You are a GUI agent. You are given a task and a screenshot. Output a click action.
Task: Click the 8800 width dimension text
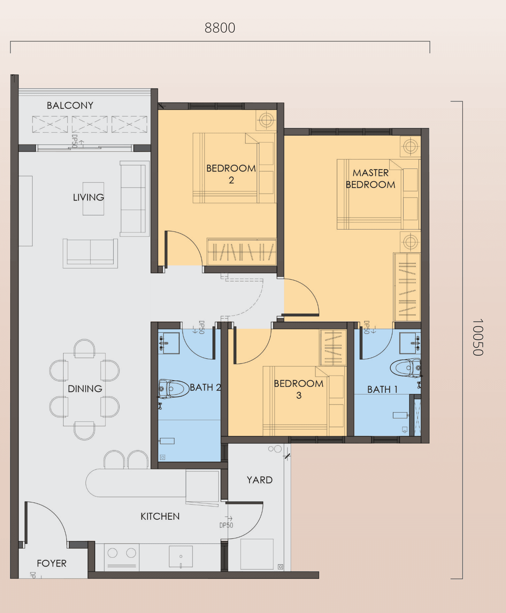pos(220,28)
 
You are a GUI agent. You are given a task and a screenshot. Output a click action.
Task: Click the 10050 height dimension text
pos(478,337)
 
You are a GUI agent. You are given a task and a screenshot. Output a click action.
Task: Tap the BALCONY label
pos(70,105)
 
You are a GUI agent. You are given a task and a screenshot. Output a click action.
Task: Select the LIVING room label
pos(88,197)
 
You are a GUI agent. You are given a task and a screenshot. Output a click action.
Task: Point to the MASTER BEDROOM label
pos(371,179)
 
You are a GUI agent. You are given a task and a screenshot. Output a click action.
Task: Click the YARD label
pos(259,480)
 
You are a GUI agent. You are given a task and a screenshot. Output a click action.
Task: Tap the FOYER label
pos(51,563)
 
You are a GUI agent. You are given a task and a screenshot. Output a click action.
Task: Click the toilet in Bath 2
pos(174,389)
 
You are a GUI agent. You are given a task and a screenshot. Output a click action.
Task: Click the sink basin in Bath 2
pos(171,343)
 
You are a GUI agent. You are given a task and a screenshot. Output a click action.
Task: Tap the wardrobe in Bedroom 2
pos(241,252)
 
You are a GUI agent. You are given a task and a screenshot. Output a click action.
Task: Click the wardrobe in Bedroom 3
pos(333,348)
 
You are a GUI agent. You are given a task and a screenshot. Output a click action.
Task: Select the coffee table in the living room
pos(93,199)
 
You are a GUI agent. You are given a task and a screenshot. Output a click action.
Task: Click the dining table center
pos(84,389)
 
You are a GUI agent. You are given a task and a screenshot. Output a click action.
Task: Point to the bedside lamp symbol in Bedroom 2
pos(266,120)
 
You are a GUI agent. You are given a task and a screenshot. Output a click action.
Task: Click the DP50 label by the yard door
pos(226,525)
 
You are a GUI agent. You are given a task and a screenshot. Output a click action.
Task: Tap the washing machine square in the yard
pos(257,554)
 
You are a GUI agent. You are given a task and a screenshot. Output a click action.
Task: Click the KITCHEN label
pos(160,516)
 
